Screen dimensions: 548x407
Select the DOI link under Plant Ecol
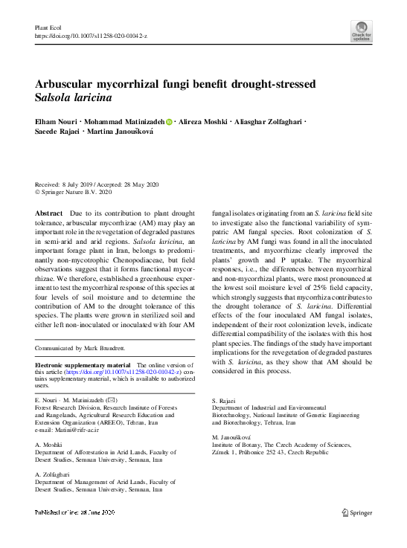click(91, 36)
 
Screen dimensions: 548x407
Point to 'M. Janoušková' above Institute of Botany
click(232, 436)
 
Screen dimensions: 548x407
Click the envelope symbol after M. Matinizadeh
click(112, 401)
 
